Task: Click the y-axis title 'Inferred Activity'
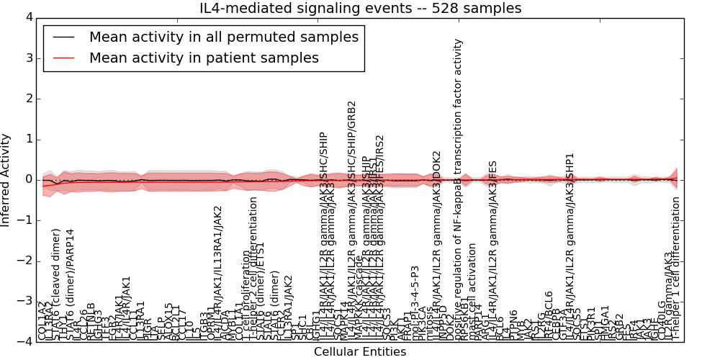(x=6, y=179)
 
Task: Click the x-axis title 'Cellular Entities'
(x=360, y=351)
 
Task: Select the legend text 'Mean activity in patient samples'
(x=204, y=58)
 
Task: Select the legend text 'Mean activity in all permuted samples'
(x=223, y=36)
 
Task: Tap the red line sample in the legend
(x=63, y=58)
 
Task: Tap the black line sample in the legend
(x=63, y=36)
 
